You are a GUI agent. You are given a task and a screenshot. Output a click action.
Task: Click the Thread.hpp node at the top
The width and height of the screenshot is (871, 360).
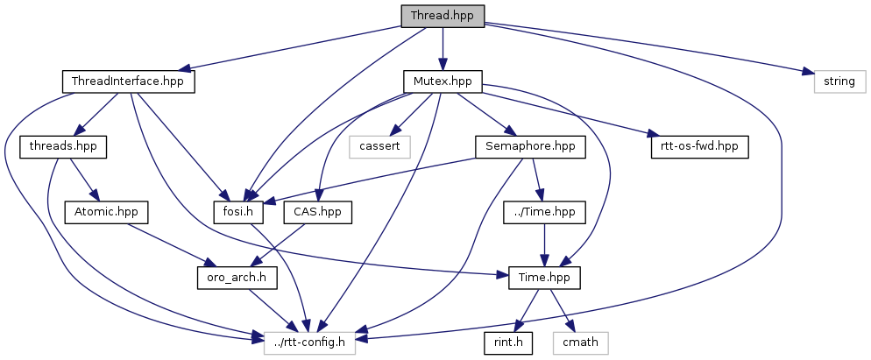tap(442, 17)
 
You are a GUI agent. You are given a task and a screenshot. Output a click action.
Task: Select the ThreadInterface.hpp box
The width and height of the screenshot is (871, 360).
tap(128, 81)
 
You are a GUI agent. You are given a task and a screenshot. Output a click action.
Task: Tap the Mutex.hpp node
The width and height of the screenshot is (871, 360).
tap(443, 81)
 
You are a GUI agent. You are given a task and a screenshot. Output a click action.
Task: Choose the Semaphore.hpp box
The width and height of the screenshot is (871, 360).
tap(529, 146)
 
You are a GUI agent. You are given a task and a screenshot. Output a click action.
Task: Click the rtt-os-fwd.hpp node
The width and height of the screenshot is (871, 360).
tap(698, 146)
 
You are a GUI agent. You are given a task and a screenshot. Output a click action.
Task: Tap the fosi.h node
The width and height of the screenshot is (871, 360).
tap(239, 211)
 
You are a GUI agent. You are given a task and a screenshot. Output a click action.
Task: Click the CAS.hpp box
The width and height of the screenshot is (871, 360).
tap(318, 211)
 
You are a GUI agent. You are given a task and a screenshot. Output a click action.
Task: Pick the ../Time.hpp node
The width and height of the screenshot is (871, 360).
tap(545, 211)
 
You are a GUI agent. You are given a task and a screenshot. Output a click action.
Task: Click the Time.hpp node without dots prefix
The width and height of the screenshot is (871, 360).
tap(545, 276)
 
